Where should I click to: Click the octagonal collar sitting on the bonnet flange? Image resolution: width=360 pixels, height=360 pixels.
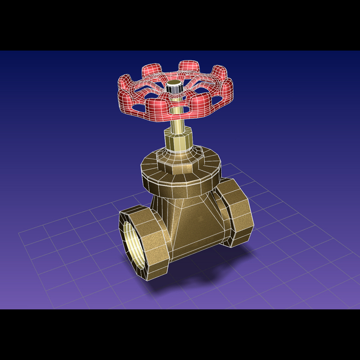tap(180, 162)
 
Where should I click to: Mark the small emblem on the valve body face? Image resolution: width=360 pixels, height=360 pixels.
tap(200, 218)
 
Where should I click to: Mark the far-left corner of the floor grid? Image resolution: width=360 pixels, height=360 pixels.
tap(19, 233)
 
